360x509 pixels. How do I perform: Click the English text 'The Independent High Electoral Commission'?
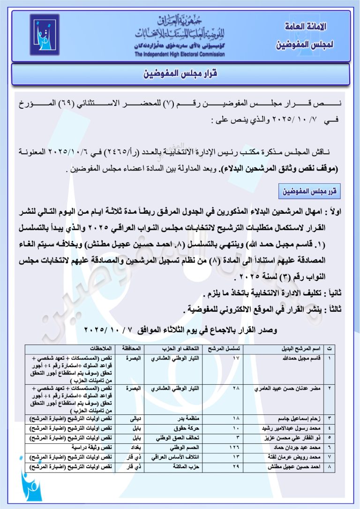pyautogui.click(x=180, y=54)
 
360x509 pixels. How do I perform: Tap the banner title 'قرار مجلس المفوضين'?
pyautogui.click(x=180, y=74)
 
